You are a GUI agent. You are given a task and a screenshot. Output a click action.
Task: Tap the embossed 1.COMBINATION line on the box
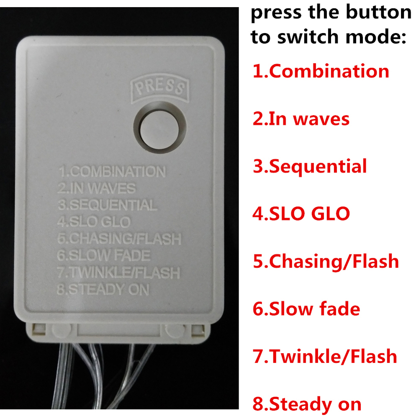tap(112, 171)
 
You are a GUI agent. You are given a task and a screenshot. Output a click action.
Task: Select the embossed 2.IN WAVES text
tap(97, 188)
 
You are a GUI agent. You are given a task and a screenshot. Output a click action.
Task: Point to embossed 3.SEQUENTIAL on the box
tap(108, 205)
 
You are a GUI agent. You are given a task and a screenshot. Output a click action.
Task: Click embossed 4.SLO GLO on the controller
tap(94, 222)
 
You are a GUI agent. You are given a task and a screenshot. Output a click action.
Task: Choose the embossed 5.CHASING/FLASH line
tap(119, 239)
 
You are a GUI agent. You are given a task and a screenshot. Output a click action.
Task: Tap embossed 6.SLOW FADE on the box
tap(104, 255)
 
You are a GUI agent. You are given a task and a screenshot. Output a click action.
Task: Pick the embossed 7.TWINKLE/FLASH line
tap(118, 272)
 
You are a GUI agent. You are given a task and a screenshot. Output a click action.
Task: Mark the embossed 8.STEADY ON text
tap(103, 289)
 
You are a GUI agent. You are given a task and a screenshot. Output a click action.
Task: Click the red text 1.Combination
tap(321, 71)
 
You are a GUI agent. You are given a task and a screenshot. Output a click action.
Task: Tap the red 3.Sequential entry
tap(310, 167)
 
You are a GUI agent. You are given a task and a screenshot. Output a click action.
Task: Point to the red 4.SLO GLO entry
tap(301, 214)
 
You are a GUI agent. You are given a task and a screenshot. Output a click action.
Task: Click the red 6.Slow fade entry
tap(306, 309)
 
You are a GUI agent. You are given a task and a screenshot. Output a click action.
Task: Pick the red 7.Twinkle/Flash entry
tap(325, 357)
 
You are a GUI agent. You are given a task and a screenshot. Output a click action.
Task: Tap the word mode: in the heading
tap(376, 36)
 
